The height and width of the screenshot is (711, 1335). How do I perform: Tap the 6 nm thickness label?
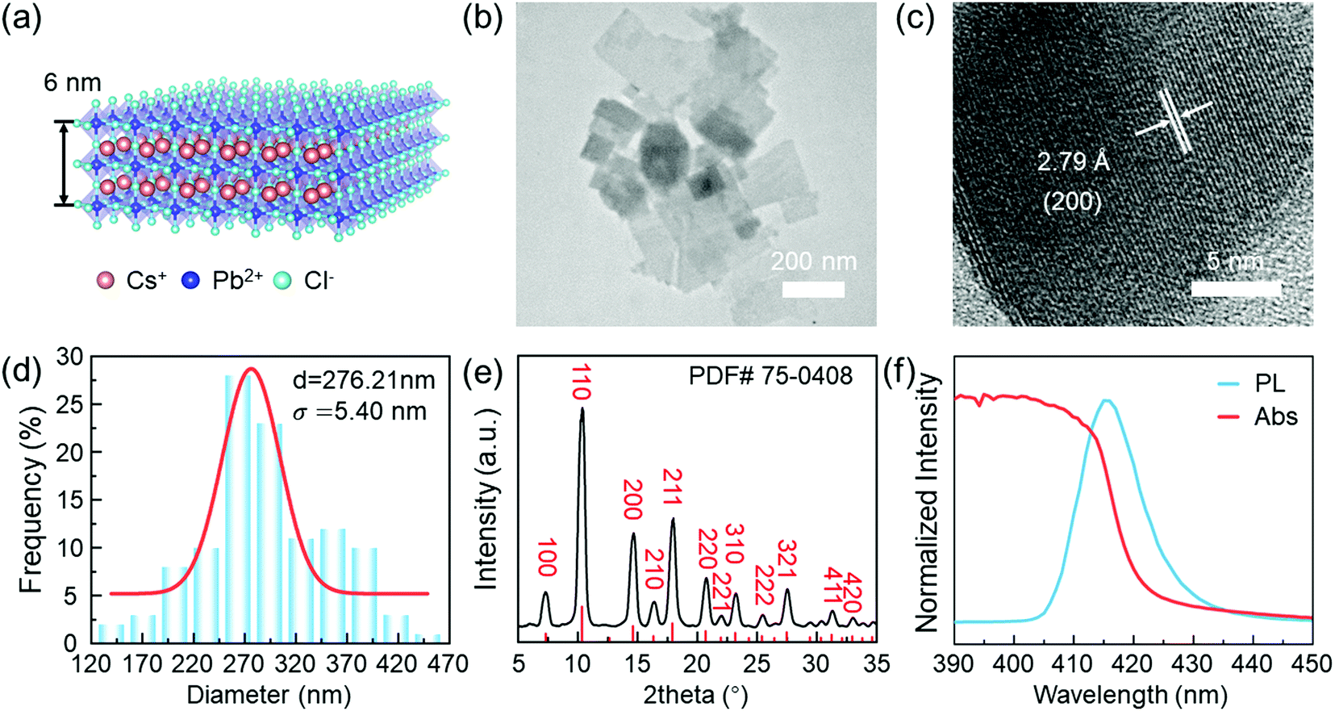pyautogui.click(x=73, y=82)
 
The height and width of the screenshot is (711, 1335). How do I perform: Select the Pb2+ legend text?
pyautogui.click(x=237, y=280)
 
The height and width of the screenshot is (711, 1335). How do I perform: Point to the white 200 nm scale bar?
pyautogui.click(x=812, y=289)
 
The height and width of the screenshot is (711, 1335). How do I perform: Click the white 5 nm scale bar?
pyautogui.click(x=1235, y=288)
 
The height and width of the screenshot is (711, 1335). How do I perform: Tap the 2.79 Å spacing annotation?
pyautogui.click(x=1073, y=162)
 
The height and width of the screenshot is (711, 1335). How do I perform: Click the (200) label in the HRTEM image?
pyautogui.click(x=1072, y=201)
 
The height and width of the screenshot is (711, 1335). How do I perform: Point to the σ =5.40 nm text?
pyautogui.click(x=359, y=412)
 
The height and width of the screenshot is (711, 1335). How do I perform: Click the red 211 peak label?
pyautogui.click(x=670, y=485)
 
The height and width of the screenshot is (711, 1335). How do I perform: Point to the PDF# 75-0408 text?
pyautogui.click(x=770, y=375)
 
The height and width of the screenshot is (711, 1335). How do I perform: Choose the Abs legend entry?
pyautogui.click(x=1275, y=416)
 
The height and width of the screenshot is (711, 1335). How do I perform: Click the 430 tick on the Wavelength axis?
pyautogui.click(x=1191, y=664)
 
